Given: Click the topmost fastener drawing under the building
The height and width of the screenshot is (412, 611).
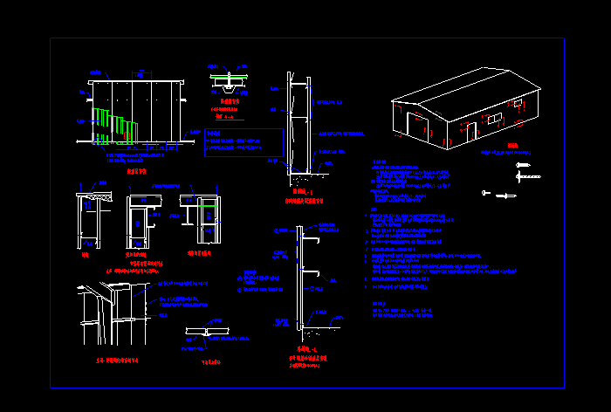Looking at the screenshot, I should coord(524,165).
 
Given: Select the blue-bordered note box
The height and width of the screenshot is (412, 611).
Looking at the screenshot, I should coord(244,142).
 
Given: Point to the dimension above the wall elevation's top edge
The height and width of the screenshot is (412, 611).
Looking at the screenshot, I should coord(141,74).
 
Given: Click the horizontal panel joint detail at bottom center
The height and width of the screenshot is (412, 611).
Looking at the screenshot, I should coord(208,333).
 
